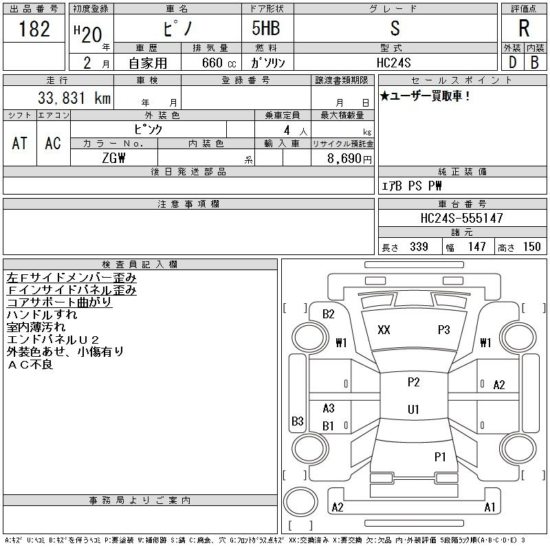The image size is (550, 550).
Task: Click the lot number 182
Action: click(x=35, y=30)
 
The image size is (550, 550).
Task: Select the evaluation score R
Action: click(x=524, y=29)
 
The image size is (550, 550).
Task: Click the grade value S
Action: click(x=395, y=29)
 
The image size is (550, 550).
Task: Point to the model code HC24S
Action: click(x=395, y=63)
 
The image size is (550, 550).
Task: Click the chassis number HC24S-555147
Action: click(x=462, y=218)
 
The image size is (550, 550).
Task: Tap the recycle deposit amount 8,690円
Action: click(x=351, y=158)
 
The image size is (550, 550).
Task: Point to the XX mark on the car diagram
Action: click(x=384, y=330)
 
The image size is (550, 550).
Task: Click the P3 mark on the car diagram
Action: click(x=443, y=330)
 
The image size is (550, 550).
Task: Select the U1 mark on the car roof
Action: click(x=413, y=410)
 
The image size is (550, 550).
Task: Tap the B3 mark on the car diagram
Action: click(x=298, y=421)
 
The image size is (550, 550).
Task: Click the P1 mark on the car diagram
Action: click(x=440, y=456)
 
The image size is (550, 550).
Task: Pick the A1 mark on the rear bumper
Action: click(x=489, y=507)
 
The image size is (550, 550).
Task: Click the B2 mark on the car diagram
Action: click(x=329, y=314)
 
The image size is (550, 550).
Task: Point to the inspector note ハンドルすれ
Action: click(x=42, y=315)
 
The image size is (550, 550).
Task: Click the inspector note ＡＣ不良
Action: click(x=30, y=364)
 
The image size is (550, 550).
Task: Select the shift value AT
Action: click(x=19, y=143)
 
